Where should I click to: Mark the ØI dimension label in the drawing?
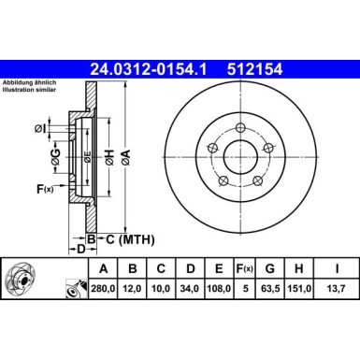47,127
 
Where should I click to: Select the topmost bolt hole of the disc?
240,128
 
